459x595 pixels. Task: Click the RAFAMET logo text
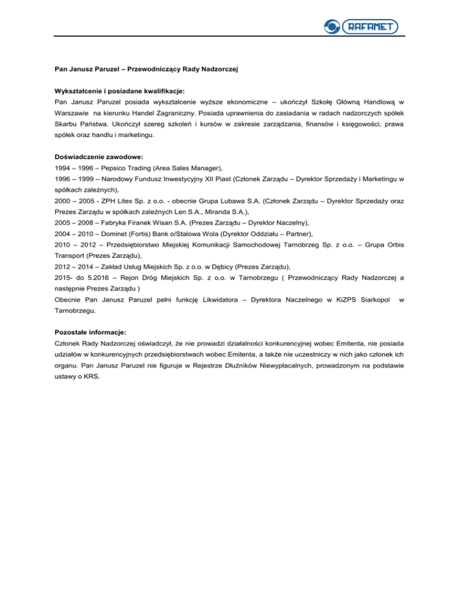370,26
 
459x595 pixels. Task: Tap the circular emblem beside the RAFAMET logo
331,26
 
